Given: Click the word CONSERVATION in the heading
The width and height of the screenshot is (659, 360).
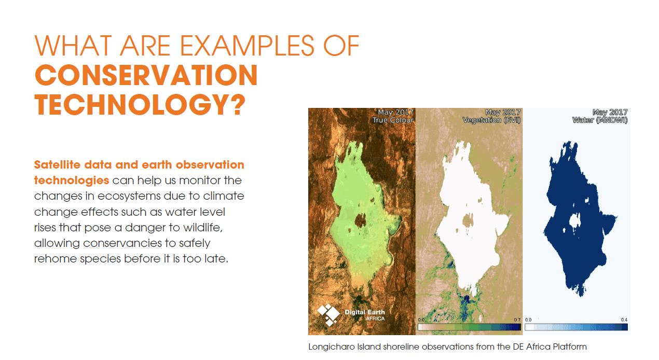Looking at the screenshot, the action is pyautogui.click(x=146, y=75).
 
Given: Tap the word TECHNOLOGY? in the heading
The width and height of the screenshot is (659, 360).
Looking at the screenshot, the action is pyautogui.click(x=140, y=105).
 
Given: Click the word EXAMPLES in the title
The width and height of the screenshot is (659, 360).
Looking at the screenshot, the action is pyautogui.click(x=247, y=46).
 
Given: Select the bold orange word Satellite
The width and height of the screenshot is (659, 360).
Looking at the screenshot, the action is pyautogui.click(x=57, y=165).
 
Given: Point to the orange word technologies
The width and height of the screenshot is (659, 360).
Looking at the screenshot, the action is pyautogui.click(x=72, y=181).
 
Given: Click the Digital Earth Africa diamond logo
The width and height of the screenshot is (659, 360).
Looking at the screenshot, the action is pyautogui.click(x=328, y=315).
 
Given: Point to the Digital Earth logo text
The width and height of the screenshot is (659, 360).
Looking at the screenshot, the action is pyautogui.click(x=365, y=315).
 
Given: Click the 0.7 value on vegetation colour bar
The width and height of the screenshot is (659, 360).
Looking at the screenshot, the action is pyautogui.click(x=517, y=320).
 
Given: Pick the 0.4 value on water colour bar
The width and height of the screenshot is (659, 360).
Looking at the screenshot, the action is pyautogui.click(x=624, y=320).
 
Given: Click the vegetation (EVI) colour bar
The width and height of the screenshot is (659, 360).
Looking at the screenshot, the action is pyautogui.click(x=469, y=327).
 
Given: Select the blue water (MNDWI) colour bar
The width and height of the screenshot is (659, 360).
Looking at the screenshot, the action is pyautogui.click(x=576, y=327).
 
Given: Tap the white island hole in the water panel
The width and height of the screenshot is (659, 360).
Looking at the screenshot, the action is pyautogui.click(x=574, y=220).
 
